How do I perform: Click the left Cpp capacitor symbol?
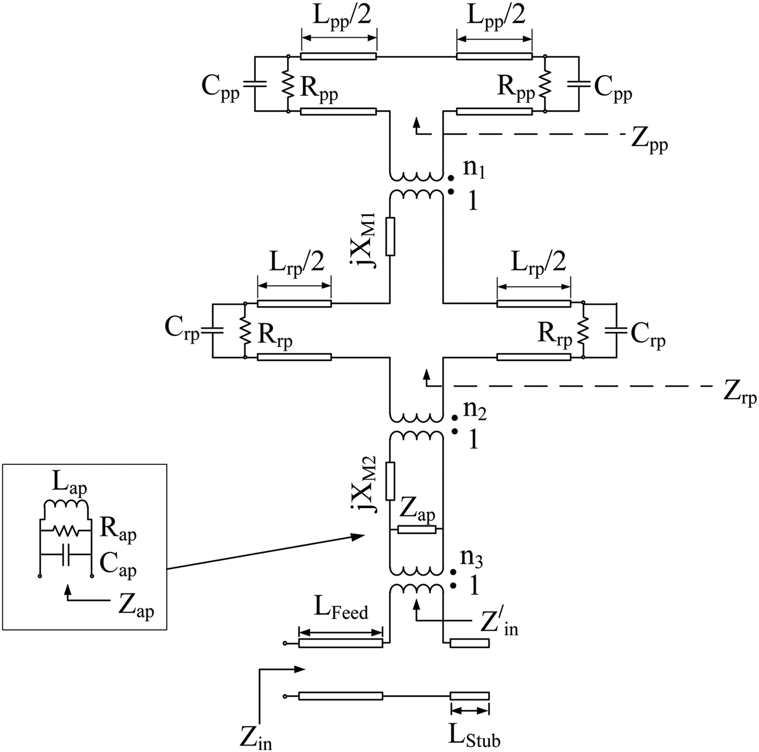(254, 84)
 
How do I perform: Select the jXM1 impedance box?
(390, 236)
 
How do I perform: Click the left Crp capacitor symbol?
(211, 330)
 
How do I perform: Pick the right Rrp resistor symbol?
(583, 330)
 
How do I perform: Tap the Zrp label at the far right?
(739, 393)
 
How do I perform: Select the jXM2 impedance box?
(390, 481)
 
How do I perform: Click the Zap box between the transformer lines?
(416, 529)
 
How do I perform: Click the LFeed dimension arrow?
(340, 632)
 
